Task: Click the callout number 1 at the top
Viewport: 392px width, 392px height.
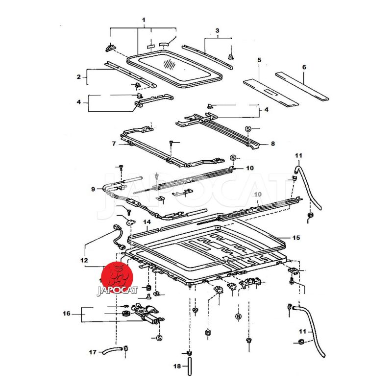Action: (144, 20)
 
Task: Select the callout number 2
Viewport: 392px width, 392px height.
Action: (78, 77)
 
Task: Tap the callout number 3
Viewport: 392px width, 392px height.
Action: (217, 30)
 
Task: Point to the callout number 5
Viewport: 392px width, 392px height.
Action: (259, 60)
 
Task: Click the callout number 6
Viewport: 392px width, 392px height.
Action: (303, 67)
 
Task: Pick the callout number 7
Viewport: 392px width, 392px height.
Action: (114, 144)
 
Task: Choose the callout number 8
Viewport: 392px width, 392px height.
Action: (273, 144)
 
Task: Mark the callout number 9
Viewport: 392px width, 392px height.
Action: (93, 189)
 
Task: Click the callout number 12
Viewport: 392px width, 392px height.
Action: (84, 260)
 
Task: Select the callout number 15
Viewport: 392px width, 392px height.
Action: (296, 238)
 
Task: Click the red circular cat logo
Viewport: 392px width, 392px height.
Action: (118, 276)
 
